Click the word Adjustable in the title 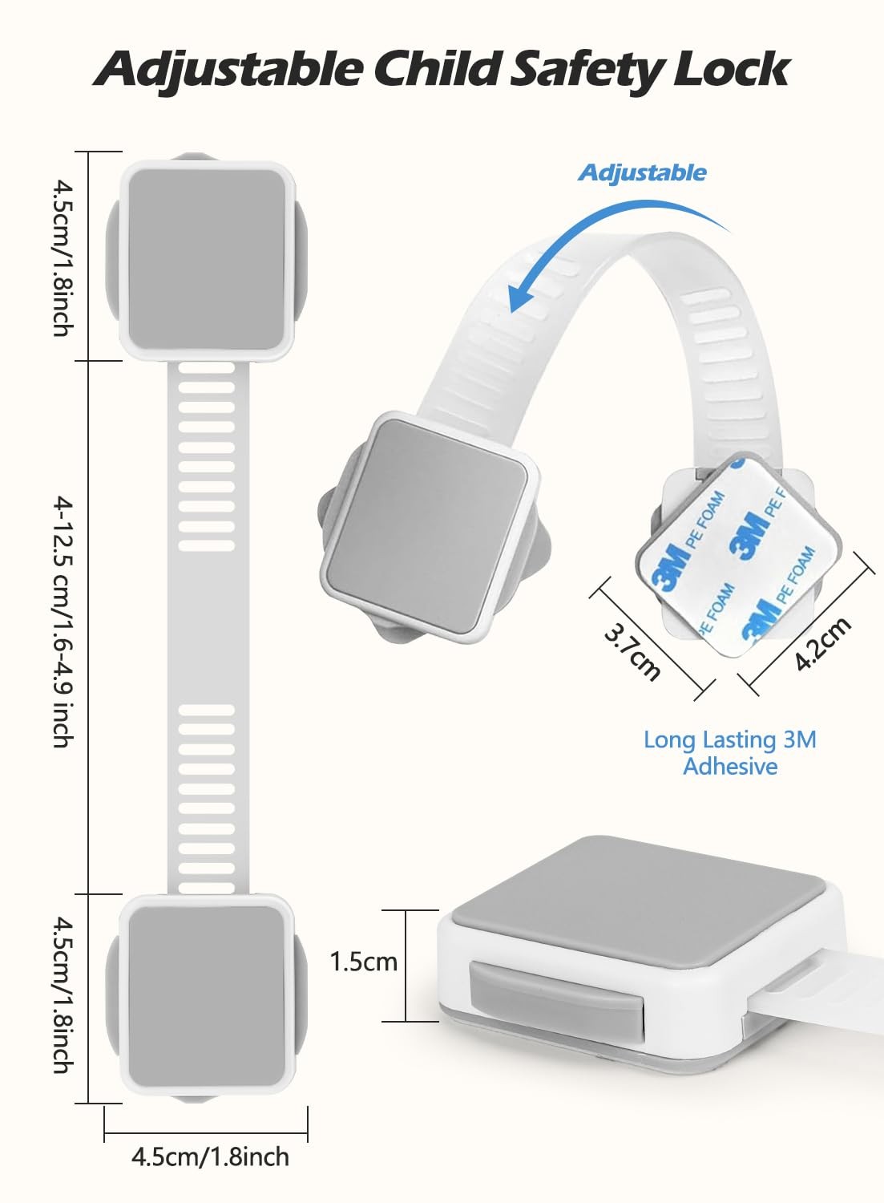(229, 71)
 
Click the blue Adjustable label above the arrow (643, 172)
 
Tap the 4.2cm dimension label (823, 643)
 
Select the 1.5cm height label (363, 961)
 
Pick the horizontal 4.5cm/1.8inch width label (210, 1156)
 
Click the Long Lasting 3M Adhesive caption (730, 752)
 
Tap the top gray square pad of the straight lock (207, 258)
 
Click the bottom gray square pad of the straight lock (207, 996)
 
